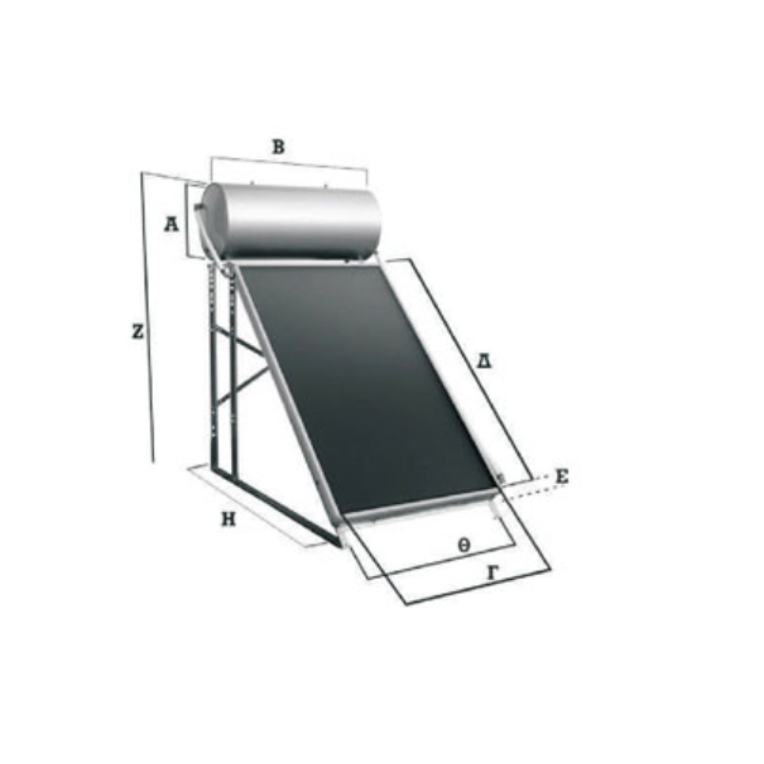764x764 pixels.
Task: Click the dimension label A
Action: tap(171, 225)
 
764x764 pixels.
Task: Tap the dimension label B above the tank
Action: tap(279, 147)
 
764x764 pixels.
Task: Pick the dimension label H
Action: tap(229, 520)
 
